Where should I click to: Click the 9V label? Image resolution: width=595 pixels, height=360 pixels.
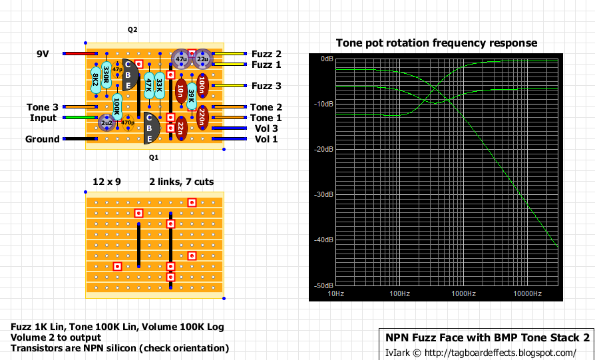(43, 54)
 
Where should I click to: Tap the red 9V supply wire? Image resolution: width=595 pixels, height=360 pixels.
(75, 54)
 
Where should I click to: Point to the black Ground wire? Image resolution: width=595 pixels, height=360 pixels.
(75, 139)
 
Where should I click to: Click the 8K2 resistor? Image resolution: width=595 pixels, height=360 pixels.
(96, 81)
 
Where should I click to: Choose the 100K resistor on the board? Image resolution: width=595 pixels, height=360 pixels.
(117, 107)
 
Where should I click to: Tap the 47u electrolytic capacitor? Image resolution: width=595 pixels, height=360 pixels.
(181, 59)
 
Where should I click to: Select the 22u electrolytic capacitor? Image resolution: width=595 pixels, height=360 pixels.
(202, 59)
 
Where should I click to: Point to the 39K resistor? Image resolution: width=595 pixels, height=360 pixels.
(192, 96)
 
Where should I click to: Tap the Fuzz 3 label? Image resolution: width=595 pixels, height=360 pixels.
(266, 86)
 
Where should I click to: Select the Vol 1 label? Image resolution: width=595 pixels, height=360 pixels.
(266, 139)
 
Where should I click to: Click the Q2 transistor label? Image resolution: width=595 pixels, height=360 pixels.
(132, 30)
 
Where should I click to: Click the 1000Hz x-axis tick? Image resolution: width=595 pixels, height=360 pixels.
(463, 293)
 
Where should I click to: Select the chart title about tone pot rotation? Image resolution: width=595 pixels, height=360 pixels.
(436, 43)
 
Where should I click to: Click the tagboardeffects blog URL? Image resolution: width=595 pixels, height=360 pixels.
(499, 353)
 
